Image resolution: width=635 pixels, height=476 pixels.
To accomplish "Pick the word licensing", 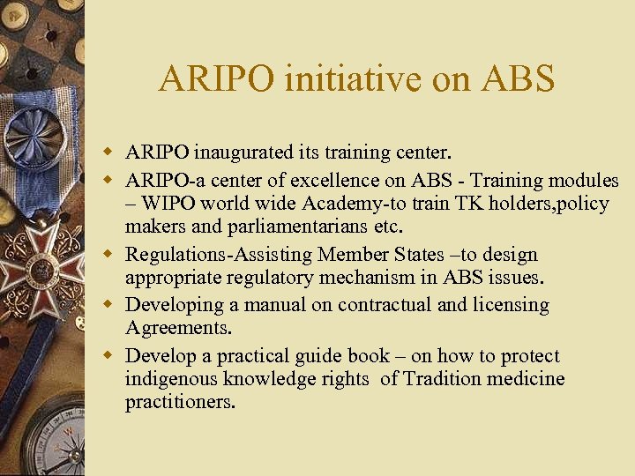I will [505, 305].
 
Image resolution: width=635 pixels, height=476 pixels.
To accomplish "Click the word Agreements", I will [172, 329].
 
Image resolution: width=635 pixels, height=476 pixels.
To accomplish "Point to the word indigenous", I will [172, 380].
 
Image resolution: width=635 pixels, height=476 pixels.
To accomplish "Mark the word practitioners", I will [180, 403].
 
